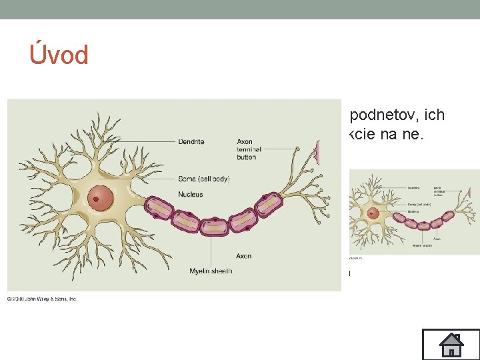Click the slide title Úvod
59,55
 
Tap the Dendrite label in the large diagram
191,141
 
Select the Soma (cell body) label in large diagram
203,179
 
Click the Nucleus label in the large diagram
190,195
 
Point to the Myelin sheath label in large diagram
211,271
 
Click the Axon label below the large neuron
244,256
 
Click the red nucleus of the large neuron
101,198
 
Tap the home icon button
451,344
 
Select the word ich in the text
435,115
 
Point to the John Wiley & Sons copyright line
41,299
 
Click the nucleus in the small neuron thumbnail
373,214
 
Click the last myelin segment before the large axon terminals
269,203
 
